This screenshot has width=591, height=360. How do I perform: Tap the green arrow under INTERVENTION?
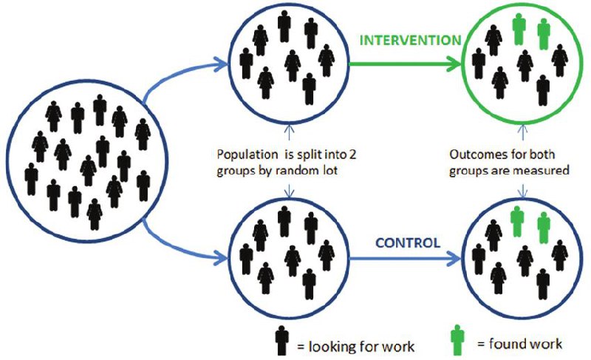(x=403, y=64)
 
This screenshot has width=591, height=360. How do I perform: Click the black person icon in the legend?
(x=280, y=339)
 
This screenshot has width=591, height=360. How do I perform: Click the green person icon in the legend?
(x=459, y=339)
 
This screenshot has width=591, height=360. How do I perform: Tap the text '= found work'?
(x=519, y=344)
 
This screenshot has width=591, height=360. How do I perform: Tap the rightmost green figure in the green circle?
(x=544, y=33)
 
